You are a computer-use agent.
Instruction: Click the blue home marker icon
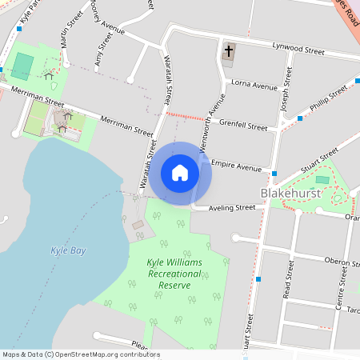tap(180, 173)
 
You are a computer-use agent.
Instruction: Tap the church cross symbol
tap(229, 52)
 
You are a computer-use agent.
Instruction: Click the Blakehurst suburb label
tap(290, 194)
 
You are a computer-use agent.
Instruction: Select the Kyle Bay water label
tap(68, 250)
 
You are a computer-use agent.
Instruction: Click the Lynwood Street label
tap(298, 50)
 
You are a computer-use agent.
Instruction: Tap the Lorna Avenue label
tap(254, 83)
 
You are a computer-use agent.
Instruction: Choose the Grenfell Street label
tap(243, 126)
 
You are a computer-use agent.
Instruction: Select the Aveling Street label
tap(232, 208)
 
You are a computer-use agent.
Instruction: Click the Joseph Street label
tap(286, 96)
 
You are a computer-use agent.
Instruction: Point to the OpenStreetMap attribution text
tap(81, 354)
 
